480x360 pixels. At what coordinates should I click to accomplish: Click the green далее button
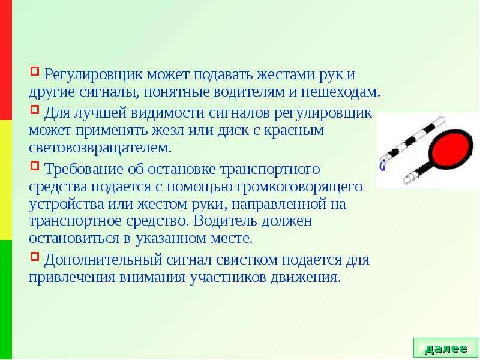445,348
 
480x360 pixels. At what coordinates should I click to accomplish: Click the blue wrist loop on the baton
383,166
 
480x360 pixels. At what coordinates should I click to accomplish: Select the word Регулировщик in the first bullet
94,75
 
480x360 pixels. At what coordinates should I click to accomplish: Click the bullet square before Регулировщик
35,71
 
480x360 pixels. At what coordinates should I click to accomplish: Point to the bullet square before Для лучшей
35,109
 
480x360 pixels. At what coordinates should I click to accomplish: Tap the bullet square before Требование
35,166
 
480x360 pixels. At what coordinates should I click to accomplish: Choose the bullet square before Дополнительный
35,256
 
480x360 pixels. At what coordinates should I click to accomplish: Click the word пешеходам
340,92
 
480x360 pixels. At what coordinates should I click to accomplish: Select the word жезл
168,130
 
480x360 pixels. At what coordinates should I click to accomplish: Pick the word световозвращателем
100,148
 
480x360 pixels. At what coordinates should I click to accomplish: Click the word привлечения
72,278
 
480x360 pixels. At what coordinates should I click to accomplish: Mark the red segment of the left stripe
6,60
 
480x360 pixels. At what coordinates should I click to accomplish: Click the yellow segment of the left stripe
6,180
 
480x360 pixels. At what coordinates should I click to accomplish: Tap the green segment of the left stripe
6,300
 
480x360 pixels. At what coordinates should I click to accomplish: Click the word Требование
84,169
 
